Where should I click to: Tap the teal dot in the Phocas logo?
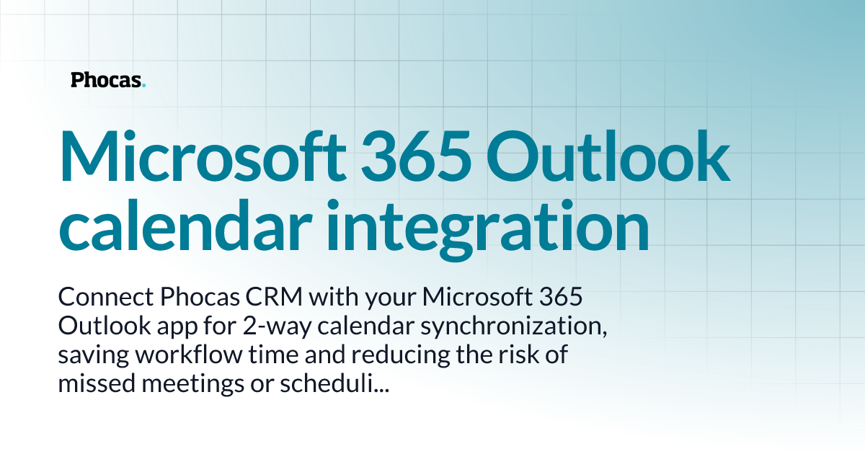(144, 85)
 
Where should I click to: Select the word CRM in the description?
(241, 297)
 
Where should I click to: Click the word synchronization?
(514, 326)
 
